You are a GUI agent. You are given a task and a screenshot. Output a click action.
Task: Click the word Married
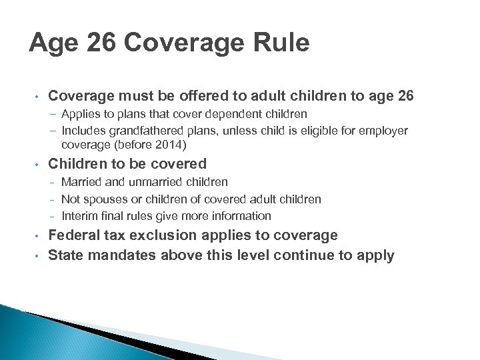[x=81, y=182]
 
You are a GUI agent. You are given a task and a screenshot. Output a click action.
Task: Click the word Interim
[x=79, y=216]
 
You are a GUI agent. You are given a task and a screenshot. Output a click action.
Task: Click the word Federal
[x=75, y=235]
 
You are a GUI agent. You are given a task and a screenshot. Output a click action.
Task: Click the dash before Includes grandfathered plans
[x=52, y=131]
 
